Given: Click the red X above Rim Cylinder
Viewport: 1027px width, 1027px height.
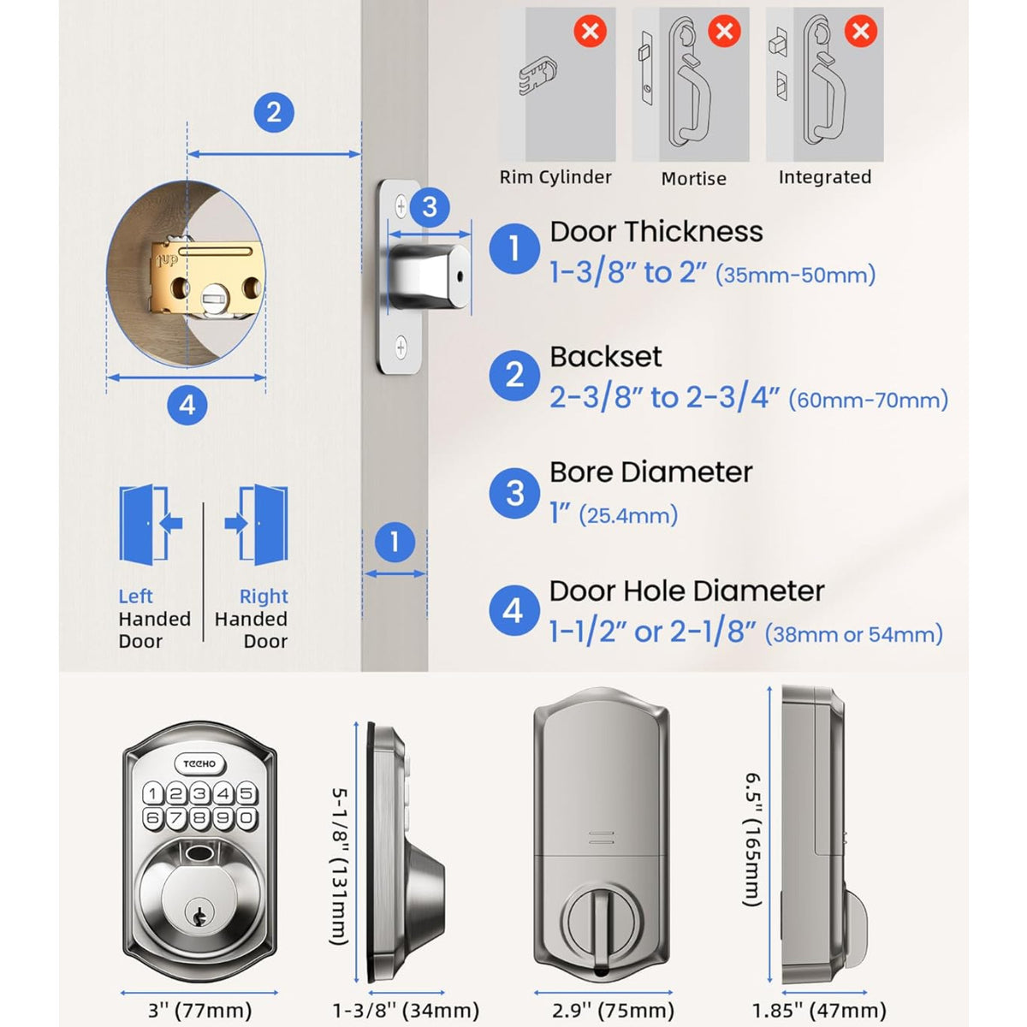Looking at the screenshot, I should click(x=590, y=33).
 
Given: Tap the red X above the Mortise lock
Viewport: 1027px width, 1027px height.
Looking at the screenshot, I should click(x=724, y=33).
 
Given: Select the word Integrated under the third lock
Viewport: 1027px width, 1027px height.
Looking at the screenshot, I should click(x=824, y=177).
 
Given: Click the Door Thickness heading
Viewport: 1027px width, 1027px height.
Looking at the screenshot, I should click(x=656, y=232).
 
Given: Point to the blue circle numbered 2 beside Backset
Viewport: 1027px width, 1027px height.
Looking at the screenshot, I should click(x=514, y=375).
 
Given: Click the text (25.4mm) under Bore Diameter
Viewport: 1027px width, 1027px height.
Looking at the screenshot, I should click(x=628, y=515).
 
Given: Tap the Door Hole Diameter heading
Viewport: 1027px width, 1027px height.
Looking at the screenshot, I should click(x=686, y=591).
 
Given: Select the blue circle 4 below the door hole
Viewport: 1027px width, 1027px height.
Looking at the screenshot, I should click(x=187, y=405).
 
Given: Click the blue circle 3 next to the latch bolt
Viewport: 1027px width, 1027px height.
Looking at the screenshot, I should click(x=430, y=206).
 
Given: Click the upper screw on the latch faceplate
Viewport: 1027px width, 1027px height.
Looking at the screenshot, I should click(x=401, y=205).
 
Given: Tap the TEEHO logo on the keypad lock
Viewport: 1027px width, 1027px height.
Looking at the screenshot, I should click(x=200, y=763).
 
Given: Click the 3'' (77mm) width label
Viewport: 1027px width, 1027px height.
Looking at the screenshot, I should click(x=200, y=1011).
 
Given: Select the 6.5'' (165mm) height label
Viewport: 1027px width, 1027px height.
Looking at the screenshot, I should click(x=752, y=839).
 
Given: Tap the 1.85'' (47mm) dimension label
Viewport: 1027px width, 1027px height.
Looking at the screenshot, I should click(x=819, y=1011).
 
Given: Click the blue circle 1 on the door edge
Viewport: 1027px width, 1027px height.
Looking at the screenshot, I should click(x=395, y=542).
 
